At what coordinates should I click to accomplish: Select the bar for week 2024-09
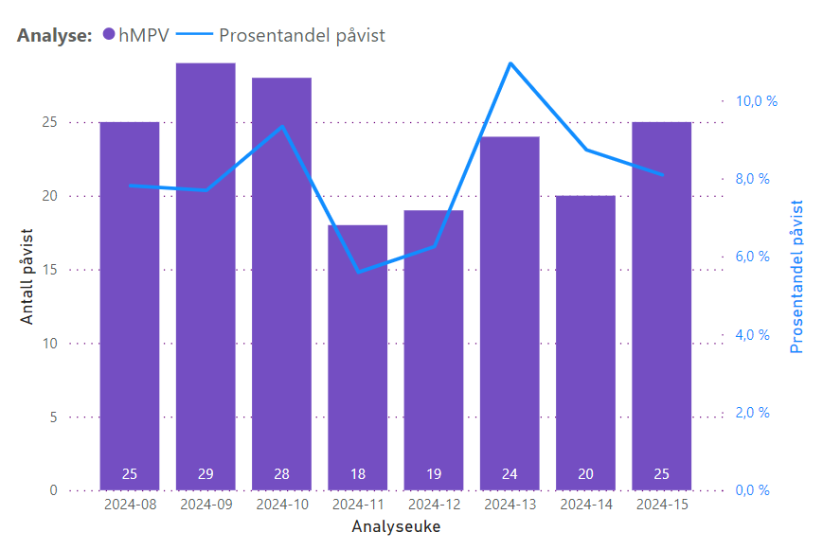tap(206, 284)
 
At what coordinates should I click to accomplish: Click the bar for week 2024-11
tap(358, 360)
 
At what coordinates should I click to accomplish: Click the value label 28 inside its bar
tap(281, 473)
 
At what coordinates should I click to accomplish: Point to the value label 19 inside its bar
tap(434, 473)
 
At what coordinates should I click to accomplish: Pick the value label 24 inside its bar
tap(510, 473)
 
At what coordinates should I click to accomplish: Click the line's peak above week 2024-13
tap(510, 63)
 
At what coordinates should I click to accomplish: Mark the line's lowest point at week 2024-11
tap(358, 272)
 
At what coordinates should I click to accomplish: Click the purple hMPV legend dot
tap(109, 35)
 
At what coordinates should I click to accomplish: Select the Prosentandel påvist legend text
tap(302, 35)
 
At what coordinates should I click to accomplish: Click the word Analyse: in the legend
tap(54, 35)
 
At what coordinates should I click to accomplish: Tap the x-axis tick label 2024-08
tap(130, 505)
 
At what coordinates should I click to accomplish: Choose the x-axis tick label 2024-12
tap(434, 505)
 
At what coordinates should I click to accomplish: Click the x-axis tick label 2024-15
tap(661, 505)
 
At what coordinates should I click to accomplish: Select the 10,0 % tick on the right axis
tap(756, 100)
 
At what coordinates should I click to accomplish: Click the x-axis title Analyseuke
tap(395, 524)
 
